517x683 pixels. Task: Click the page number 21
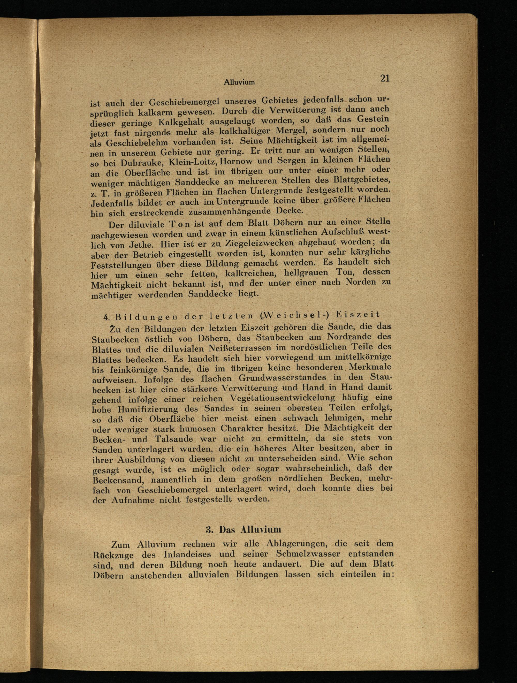tap(385, 78)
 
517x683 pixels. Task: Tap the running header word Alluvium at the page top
tap(239, 82)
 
